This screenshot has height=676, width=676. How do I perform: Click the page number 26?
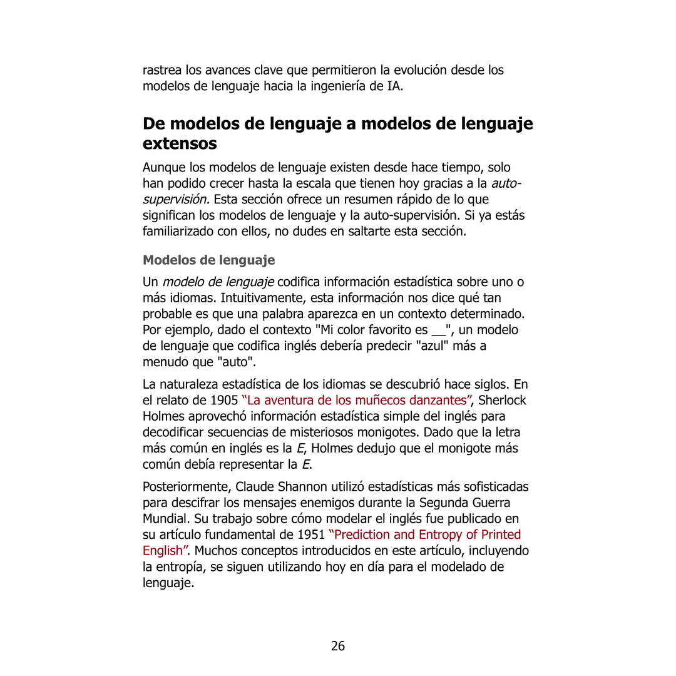tap(338, 646)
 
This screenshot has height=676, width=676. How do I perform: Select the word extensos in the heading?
tap(180, 143)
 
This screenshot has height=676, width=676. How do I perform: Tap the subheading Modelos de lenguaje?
tap(208, 260)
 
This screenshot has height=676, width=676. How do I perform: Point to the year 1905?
tap(224, 400)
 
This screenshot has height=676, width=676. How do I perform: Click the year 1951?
tap(310, 535)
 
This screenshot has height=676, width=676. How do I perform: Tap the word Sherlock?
tap(502, 400)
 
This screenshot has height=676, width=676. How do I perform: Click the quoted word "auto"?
tap(237, 362)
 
